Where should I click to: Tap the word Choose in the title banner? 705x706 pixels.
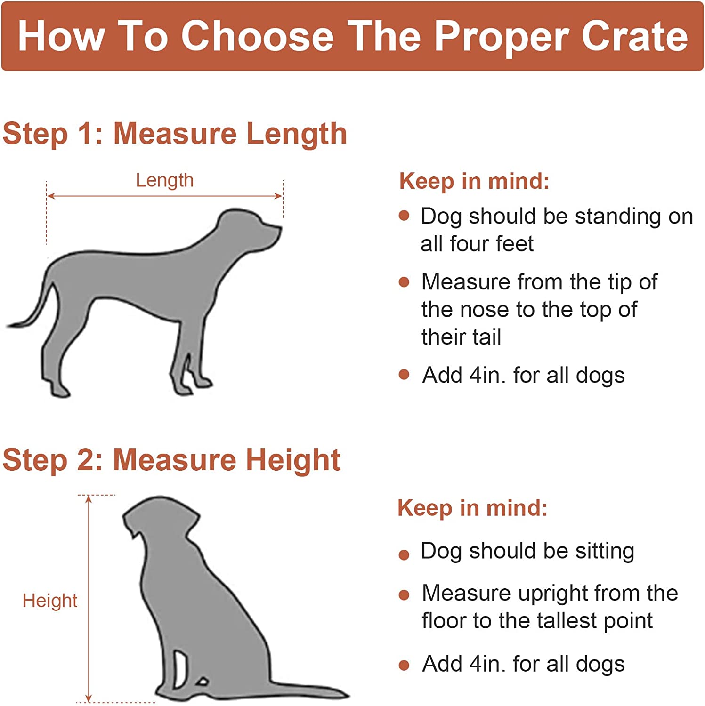pos(258,36)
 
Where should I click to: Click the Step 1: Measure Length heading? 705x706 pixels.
pos(175,134)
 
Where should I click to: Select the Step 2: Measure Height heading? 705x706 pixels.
pos(171,460)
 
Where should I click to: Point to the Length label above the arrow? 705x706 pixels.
pos(165,181)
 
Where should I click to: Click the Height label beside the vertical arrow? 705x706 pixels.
pos(50,601)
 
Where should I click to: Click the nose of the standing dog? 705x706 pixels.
pos(279,230)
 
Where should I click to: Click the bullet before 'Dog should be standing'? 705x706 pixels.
pos(404,216)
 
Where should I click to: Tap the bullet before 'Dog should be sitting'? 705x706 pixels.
pos(404,554)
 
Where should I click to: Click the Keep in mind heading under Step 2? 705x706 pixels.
pos(473,508)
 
